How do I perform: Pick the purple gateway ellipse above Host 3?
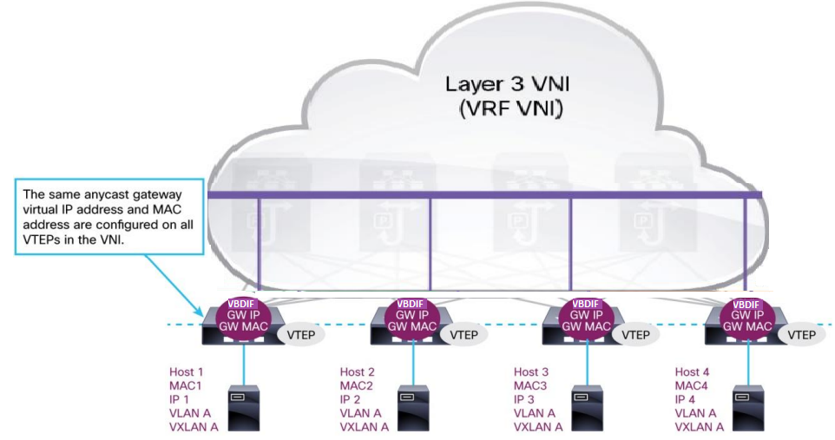click(584, 319)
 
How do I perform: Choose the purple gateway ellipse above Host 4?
click(746, 319)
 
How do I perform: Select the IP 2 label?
click(353, 399)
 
